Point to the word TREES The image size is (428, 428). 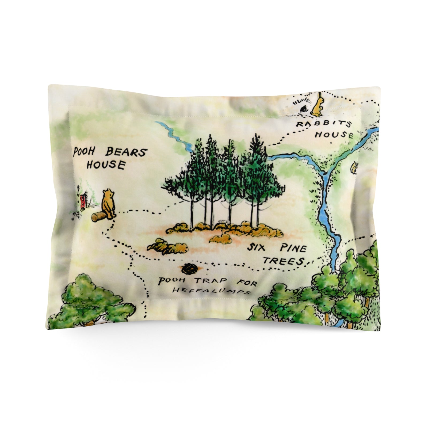pos(284,261)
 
